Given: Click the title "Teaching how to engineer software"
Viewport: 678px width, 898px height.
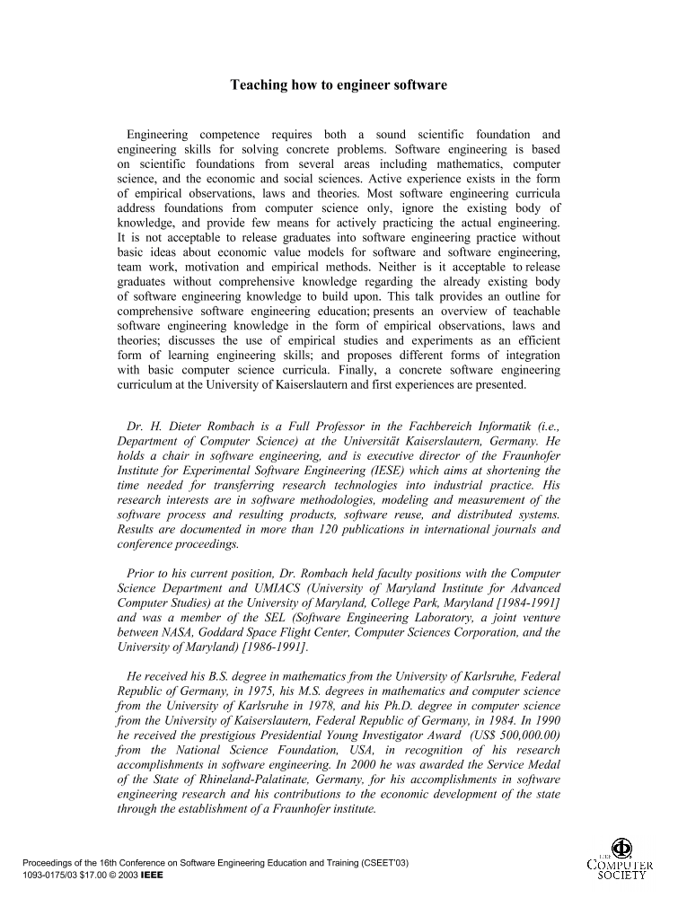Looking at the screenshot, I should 339,85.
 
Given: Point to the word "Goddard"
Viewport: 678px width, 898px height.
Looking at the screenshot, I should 220,632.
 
